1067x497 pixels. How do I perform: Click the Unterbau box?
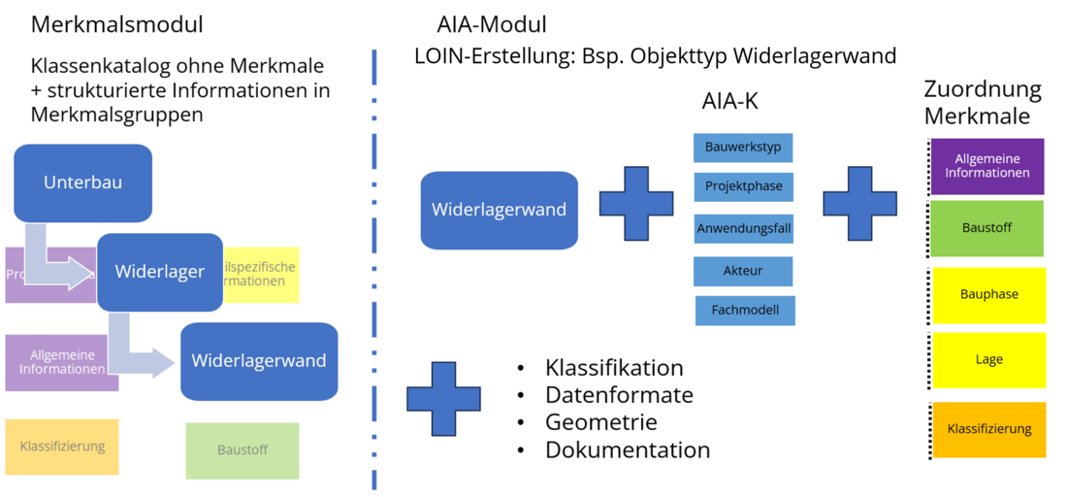point(82,182)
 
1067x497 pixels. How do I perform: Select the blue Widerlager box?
point(160,272)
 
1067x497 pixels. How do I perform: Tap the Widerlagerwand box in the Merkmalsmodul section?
point(259,361)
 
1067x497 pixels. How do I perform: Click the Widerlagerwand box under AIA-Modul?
point(499,210)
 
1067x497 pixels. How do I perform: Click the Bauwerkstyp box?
point(743,149)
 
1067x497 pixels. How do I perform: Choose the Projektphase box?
point(743,186)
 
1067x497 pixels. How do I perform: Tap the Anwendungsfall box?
point(743,229)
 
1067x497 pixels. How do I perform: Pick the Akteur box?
point(743,272)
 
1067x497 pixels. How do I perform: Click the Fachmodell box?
point(745,311)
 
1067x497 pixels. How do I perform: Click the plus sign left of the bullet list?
point(443,398)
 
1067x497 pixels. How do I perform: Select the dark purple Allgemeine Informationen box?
point(987,167)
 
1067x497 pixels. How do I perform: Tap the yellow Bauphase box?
point(988,295)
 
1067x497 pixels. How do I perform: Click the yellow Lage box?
point(988,360)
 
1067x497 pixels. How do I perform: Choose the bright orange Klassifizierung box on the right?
point(988,429)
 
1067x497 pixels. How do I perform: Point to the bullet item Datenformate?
point(619,395)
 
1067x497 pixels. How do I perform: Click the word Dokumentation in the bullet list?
point(628,450)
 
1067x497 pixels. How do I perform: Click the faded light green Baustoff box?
point(242,450)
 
